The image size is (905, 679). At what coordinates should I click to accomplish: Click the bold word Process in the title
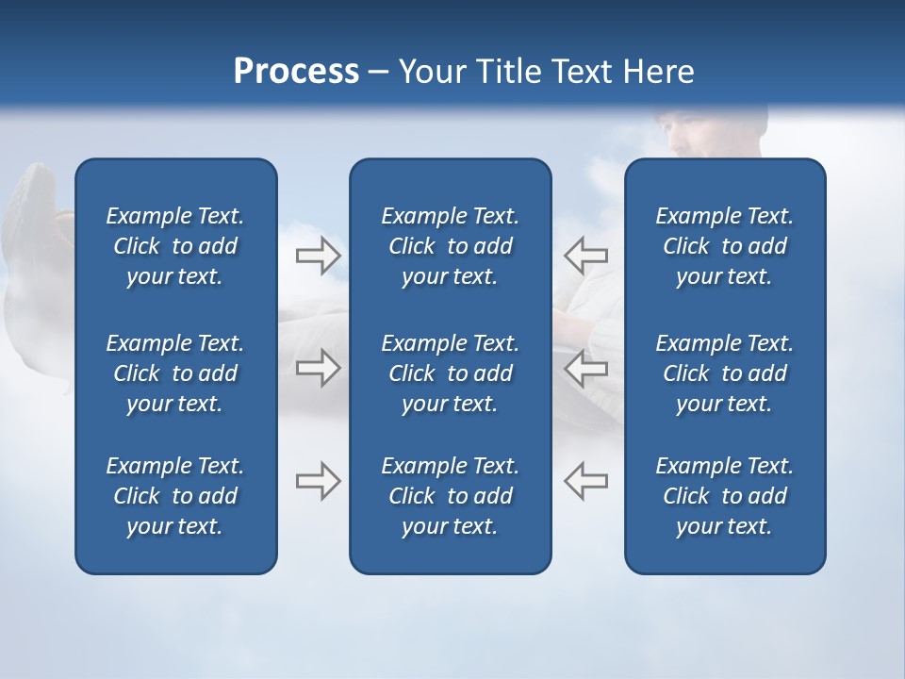(x=296, y=72)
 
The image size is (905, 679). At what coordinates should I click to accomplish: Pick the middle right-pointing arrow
(x=319, y=368)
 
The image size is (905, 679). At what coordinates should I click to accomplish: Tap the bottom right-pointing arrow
(x=319, y=481)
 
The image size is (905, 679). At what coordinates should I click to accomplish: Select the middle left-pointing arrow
(x=585, y=368)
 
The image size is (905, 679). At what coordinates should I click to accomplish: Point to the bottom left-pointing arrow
(x=585, y=481)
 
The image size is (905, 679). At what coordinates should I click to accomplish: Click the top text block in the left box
(x=175, y=246)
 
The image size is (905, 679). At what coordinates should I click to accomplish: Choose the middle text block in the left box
(x=175, y=373)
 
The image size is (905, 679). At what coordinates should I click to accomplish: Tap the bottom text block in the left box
(x=175, y=496)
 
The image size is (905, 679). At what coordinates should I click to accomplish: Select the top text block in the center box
(x=450, y=246)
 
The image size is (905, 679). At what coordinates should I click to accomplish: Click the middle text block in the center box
(x=450, y=373)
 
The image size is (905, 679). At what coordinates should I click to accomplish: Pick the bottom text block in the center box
(x=450, y=496)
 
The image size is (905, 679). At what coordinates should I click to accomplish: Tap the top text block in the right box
(x=724, y=246)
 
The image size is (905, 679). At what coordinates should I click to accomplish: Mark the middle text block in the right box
(x=724, y=373)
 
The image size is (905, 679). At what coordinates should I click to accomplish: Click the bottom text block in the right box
(x=724, y=496)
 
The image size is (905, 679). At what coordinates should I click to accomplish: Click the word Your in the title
(x=433, y=72)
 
